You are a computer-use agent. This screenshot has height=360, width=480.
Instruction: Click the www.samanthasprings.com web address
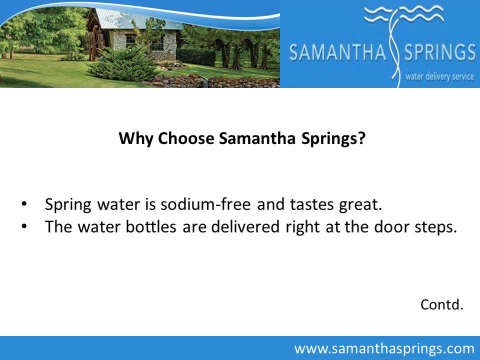[384, 348]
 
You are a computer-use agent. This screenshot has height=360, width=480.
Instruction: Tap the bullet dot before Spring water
[23, 204]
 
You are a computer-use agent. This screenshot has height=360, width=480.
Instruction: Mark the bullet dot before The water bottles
[23, 226]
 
